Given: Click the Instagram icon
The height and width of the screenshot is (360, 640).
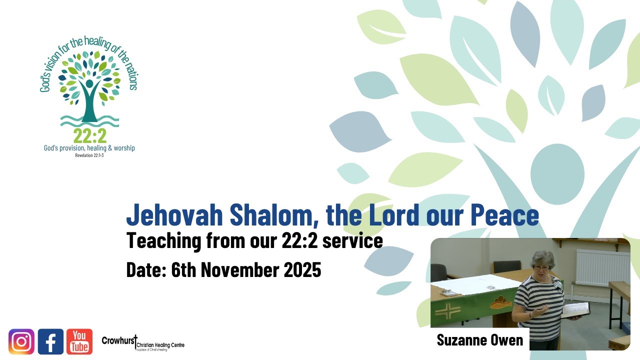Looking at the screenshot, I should (x=21, y=341).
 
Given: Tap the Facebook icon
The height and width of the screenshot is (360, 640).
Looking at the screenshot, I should (x=50, y=341).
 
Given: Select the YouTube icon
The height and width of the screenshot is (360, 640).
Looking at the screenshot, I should (x=79, y=341).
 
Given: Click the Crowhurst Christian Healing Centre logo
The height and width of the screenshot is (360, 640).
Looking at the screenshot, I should (x=143, y=342).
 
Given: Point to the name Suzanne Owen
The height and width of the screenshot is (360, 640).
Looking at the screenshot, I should (x=479, y=340).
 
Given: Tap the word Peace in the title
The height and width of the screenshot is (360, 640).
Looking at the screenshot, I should (x=504, y=215).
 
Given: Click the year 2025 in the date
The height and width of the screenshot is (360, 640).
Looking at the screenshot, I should (x=302, y=270).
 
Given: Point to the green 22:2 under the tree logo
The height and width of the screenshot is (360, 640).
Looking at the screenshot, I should (x=89, y=135).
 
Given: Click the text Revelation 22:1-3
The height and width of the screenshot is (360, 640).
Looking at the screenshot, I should (x=89, y=155).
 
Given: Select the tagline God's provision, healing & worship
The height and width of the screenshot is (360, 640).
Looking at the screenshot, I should (x=89, y=148).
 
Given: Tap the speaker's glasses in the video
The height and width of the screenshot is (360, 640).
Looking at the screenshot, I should (x=542, y=268).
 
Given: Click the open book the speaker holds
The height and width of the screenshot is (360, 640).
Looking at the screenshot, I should (x=575, y=310).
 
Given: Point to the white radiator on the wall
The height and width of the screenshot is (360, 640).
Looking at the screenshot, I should (x=602, y=267).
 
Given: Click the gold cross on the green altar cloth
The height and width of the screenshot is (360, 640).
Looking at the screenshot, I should (x=448, y=309).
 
